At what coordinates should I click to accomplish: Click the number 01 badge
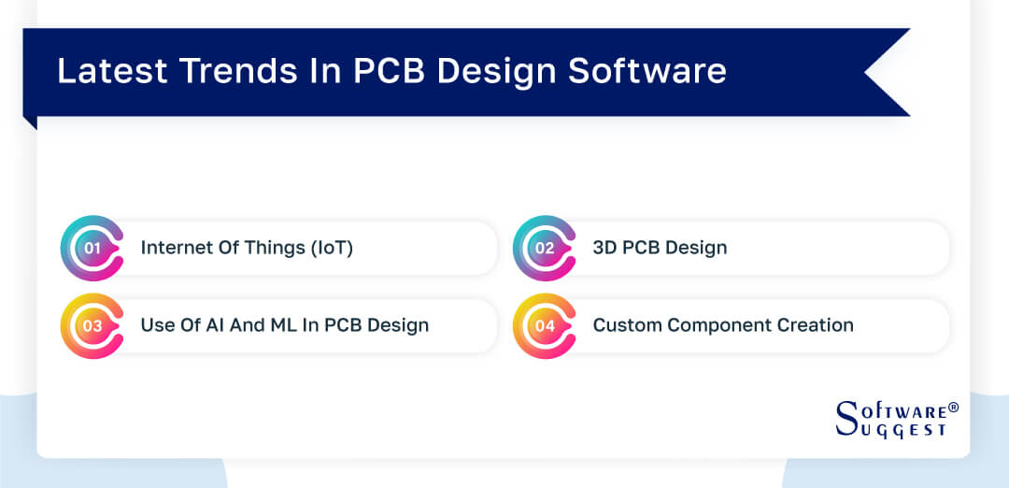[92, 248]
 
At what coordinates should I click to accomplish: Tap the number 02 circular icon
[545, 248]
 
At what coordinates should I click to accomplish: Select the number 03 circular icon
[92, 326]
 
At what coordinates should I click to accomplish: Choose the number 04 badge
[545, 326]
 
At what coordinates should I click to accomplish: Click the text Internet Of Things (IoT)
[247, 248]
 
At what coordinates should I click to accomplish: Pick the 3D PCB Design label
[660, 248]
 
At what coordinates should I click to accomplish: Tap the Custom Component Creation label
[723, 325]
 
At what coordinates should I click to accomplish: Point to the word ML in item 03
[277, 325]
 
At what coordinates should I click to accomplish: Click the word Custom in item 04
[623, 325]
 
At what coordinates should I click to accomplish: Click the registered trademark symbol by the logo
[953, 408]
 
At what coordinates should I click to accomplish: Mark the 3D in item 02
[604, 248]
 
